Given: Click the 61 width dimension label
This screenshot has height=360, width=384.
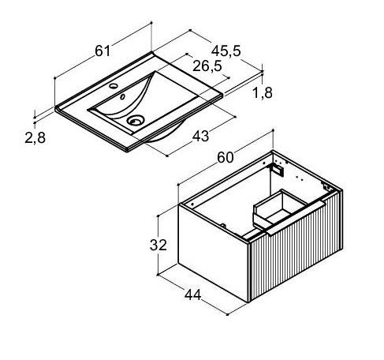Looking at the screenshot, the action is pos(103,51).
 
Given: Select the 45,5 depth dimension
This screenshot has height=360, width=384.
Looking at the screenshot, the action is pos(226,51).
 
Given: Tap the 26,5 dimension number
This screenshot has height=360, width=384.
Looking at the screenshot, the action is pos(207,66).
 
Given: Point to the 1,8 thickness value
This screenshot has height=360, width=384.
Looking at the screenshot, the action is pos(263,93).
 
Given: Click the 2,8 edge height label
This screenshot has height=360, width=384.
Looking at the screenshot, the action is pos(35,137).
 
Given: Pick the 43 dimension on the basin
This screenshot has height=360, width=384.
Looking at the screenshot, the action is pos(200,137).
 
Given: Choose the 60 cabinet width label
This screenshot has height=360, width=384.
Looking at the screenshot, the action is pos(226,158).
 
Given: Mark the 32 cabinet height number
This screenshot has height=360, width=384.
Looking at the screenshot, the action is pos(158,245).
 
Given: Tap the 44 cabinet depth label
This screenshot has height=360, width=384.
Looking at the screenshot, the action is pos(193,294).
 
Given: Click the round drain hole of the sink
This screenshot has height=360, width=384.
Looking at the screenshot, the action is pos(136,121).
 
